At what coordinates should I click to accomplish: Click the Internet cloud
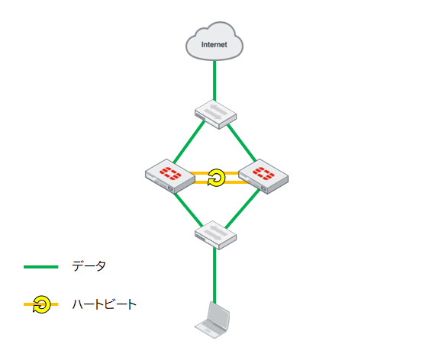(x=214, y=41)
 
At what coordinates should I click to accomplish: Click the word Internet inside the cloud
(x=214, y=44)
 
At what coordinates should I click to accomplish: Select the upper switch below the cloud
(x=215, y=114)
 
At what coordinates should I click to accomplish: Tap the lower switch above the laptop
(x=215, y=236)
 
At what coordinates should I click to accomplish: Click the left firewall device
(x=170, y=176)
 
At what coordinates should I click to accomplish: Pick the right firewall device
(x=263, y=176)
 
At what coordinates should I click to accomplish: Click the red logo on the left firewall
(x=170, y=173)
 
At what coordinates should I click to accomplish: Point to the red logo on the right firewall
(x=263, y=173)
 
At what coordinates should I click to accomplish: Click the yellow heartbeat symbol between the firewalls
(x=216, y=178)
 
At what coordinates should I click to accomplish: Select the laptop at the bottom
(x=212, y=320)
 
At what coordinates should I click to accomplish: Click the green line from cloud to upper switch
(x=214, y=81)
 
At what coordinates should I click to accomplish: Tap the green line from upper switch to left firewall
(x=189, y=142)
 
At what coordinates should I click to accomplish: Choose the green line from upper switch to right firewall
(x=241, y=143)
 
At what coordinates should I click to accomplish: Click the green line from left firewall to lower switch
(x=189, y=209)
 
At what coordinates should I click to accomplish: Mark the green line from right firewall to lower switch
(x=242, y=209)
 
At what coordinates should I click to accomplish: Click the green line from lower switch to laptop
(x=214, y=276)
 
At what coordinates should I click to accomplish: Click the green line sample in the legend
(x=41, y=267)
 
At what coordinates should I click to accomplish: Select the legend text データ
(x=89, y=266)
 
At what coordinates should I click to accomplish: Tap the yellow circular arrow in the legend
(x=42, y=304)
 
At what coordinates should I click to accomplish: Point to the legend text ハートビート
(x=104, y=304)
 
